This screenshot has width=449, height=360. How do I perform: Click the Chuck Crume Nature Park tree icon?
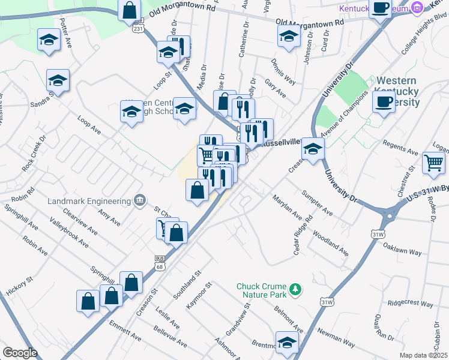[295, 290]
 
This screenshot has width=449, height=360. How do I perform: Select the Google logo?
[20, 352]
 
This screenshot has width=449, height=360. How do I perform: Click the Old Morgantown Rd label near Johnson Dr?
[310, 22]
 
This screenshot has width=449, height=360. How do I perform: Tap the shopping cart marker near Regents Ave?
[433, 162]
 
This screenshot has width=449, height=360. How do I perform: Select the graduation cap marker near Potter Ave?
[49, 40]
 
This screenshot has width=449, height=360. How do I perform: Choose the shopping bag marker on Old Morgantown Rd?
[129, 10]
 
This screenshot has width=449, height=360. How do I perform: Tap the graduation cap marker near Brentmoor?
[287, 342]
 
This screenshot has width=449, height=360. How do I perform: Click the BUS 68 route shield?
[159, 262]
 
